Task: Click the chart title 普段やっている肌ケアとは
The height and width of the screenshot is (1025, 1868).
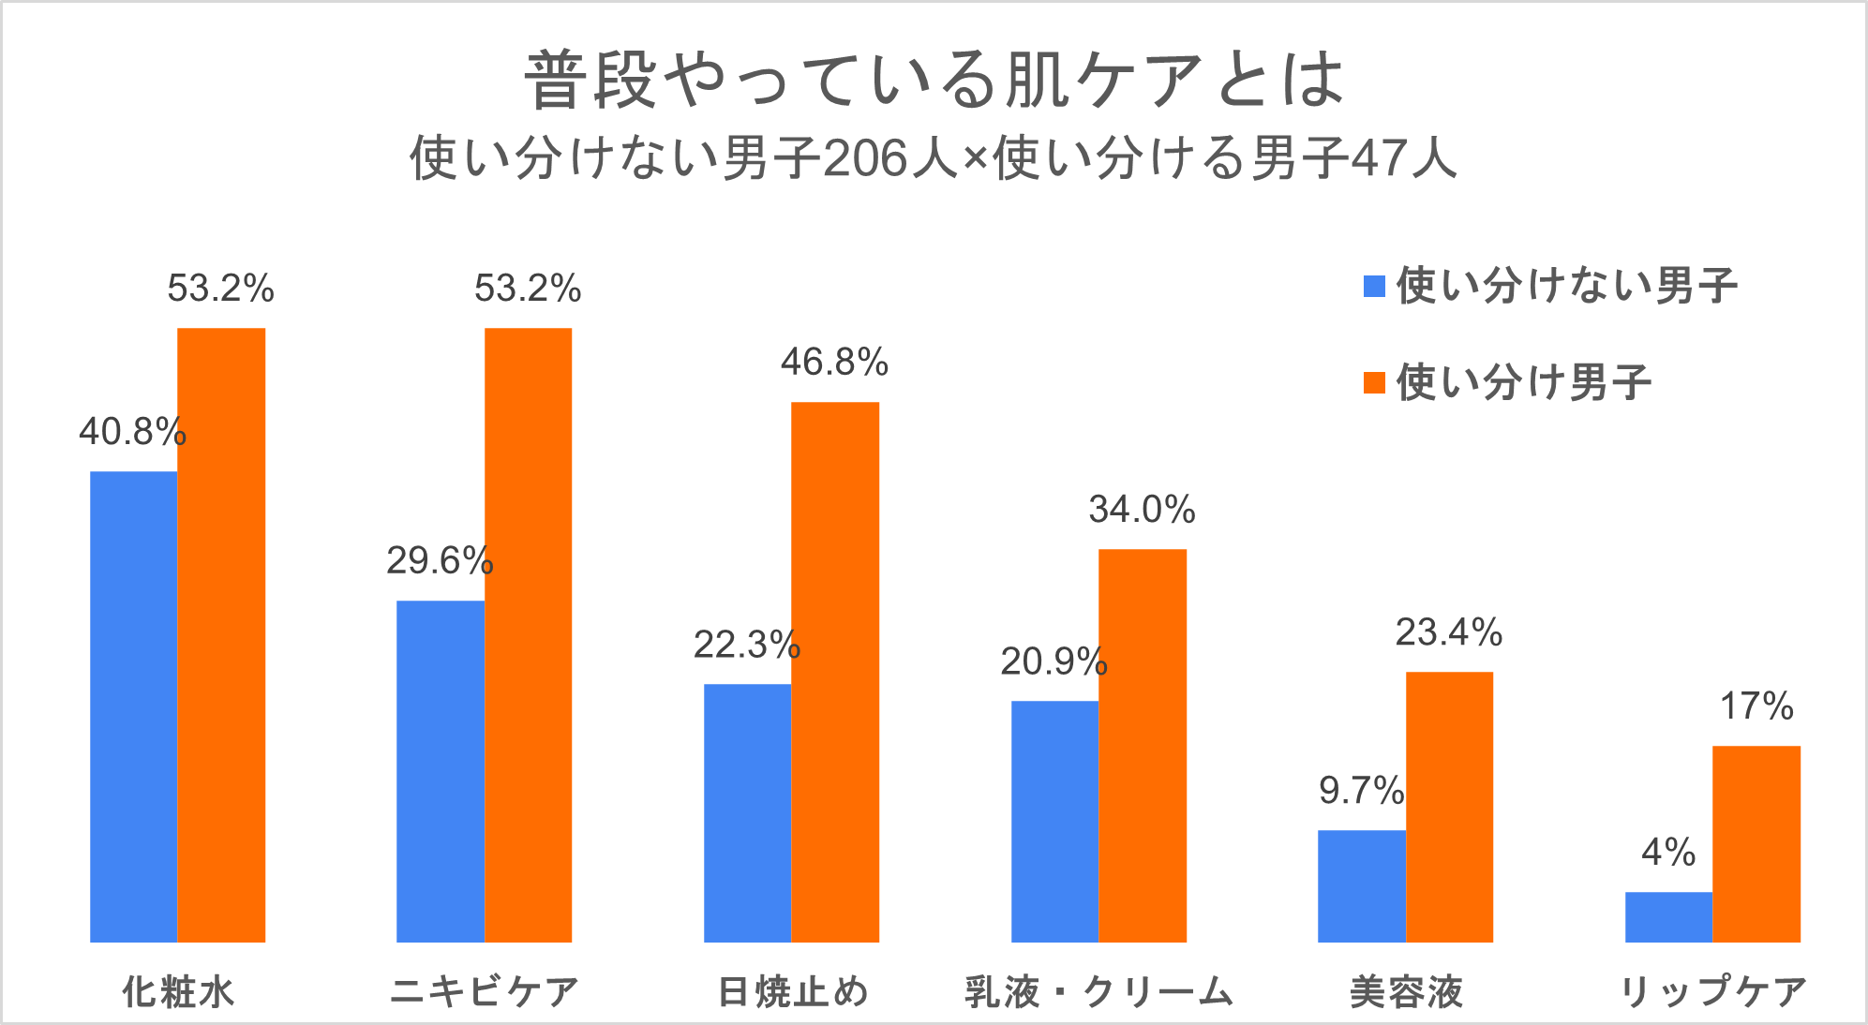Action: [x=934, y=81]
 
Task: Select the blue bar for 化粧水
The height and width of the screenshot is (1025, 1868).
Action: [x=133, y=706]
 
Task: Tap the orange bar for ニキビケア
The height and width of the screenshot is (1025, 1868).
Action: [x=528, y=634]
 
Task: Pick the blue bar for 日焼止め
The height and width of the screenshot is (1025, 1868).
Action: [x=747, y=812]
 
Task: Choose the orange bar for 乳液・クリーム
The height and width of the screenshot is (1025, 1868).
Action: [x=1142, y=745]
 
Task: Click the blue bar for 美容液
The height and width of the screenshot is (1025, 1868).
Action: [x=1361, y=885]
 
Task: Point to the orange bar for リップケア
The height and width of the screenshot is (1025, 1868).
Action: [x=1756, y=843]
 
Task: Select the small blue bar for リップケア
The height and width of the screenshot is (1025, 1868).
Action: [x=1668, y=916]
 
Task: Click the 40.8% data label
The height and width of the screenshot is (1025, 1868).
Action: [x=132, y=432]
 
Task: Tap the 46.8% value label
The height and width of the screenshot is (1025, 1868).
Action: [x=834, y=363]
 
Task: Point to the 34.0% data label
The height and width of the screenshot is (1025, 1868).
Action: [x=1142, y=510]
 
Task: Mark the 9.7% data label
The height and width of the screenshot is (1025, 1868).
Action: [x=1361, y=791]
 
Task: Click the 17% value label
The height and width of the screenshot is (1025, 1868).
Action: [x=1756, y=706]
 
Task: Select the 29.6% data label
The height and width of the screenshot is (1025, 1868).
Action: [x=440, y=561]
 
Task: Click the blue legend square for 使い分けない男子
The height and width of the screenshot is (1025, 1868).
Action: [x=1374, y=286]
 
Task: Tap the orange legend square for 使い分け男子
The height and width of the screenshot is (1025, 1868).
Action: [x=1374, y=382]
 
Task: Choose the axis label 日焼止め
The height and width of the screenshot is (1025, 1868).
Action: [x=793, y=991]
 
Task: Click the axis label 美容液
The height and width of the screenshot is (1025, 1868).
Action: [x=1406, y=991]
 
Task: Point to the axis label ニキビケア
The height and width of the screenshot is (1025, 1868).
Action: [x=485, y=991]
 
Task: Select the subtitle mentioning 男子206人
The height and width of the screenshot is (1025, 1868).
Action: [x=934, y=157]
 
